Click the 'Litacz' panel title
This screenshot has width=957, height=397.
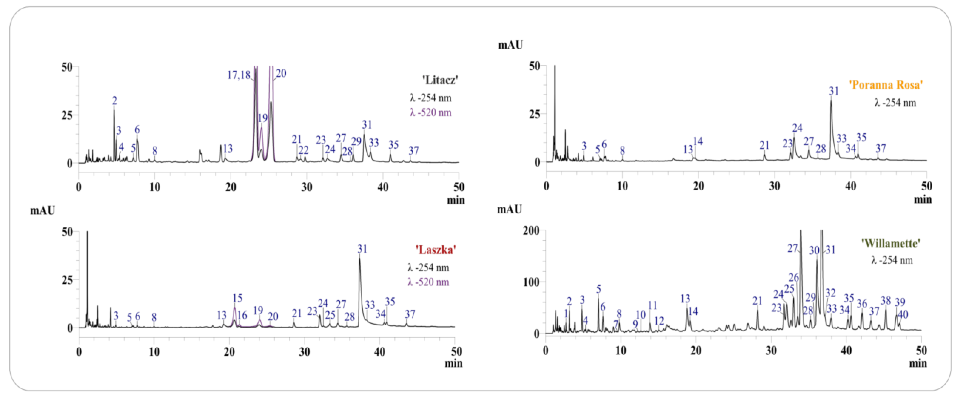[440, 80]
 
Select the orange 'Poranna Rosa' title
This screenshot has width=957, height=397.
[886, 85]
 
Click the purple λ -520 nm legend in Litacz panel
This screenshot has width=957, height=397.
[431, 113]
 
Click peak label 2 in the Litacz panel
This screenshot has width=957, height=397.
[114, 101]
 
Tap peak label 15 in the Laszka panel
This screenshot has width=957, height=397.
[237, 298]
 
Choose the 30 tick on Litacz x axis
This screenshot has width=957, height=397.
[307, 187]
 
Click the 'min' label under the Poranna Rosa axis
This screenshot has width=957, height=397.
[922, 200]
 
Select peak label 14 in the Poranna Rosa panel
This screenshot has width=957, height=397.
[698, 141]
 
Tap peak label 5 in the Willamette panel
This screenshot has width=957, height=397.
[599, 289]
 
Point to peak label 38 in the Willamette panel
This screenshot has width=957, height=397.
[886, 301]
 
